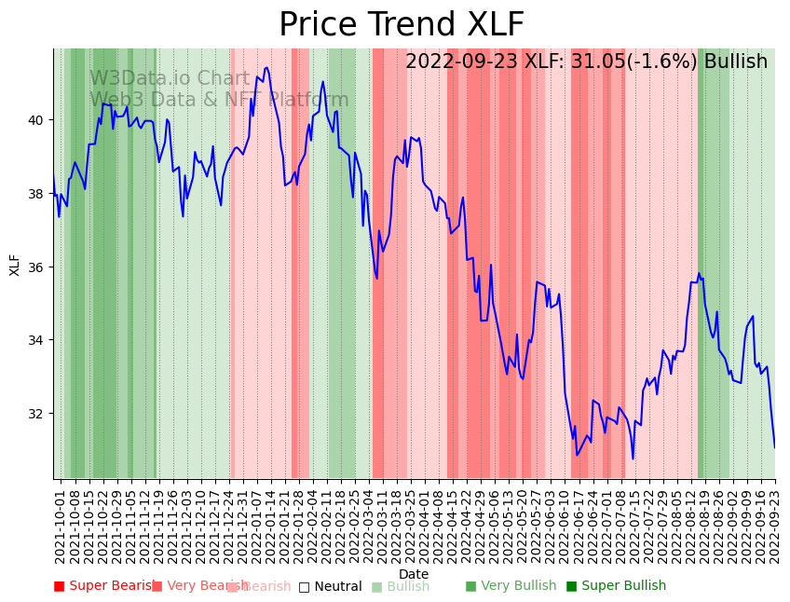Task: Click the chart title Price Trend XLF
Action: pos(402,25)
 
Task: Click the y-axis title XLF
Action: pos(15,265)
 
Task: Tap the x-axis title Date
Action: pos(414,574)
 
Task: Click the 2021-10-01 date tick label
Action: pos(60,524)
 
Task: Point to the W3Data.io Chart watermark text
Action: pos(170,78)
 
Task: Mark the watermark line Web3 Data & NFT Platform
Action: pos(219,100)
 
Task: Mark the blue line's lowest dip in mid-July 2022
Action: pos(633,458)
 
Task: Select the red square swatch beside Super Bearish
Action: pos(59,586)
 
